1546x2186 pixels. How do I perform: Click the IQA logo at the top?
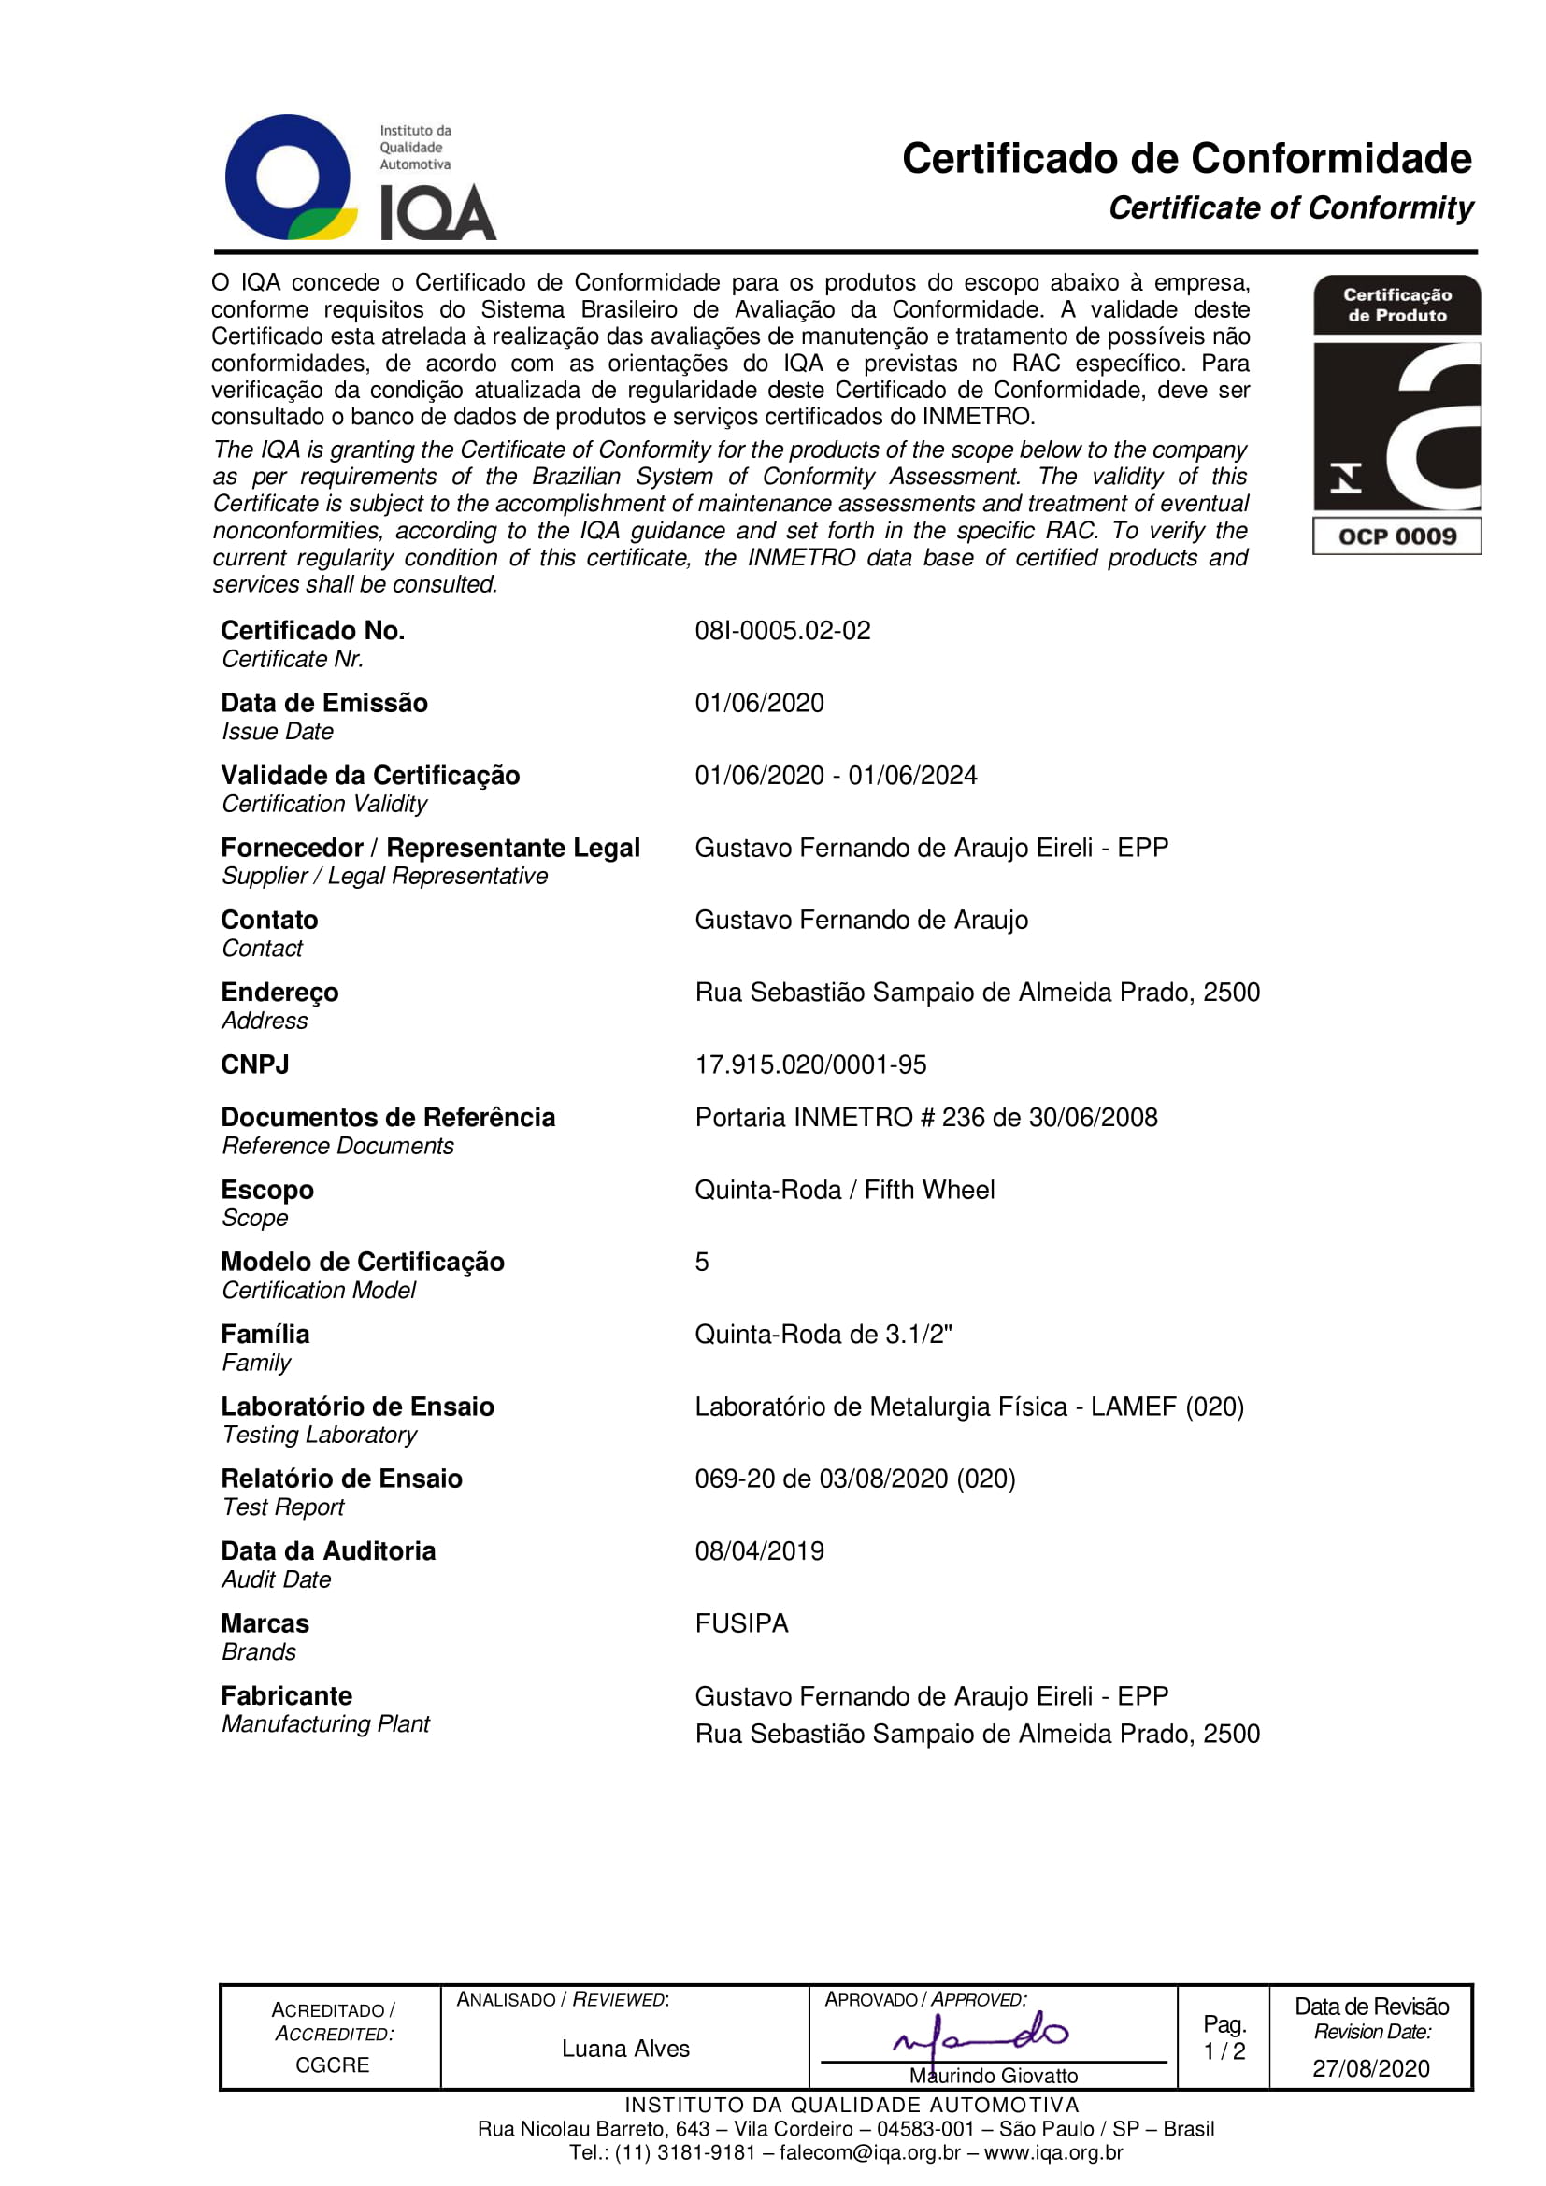[x=360, y=179]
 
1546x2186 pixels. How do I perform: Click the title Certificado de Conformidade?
[x=1186, y=159]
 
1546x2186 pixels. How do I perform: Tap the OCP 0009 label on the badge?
[x=1396, y=536]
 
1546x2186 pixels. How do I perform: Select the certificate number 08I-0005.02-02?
[x=782, y=630]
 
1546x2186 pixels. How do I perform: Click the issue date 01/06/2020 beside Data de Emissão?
[x=759, y=703]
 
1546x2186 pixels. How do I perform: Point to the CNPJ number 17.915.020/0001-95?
[x=810, y=1064]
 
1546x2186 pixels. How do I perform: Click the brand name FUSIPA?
[x=741, y=1623]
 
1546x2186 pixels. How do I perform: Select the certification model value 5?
[x=702, y=1262]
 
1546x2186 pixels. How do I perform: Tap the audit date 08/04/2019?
[x=759, y=1551]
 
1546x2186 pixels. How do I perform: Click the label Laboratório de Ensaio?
[x=357, y=1407]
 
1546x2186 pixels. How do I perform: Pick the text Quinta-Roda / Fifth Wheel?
[x=844, y=1189]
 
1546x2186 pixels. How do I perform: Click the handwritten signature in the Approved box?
[x=981, y=2034]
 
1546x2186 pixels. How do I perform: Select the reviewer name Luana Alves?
[x=625, y=2048]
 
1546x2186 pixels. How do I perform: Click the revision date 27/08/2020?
[x=1371, y=2068]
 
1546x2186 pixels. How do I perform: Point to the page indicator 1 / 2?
[x=1224, y=2050]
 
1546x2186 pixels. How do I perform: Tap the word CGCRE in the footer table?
[x=332, y=2065]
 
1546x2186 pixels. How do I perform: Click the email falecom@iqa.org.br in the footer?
[x=869, y=2152]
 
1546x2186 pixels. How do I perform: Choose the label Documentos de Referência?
[x=388, y=1117]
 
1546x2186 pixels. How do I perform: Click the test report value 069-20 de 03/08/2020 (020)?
[x=855, y=1479]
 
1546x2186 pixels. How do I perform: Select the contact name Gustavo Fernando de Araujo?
[x=861, y=920]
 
